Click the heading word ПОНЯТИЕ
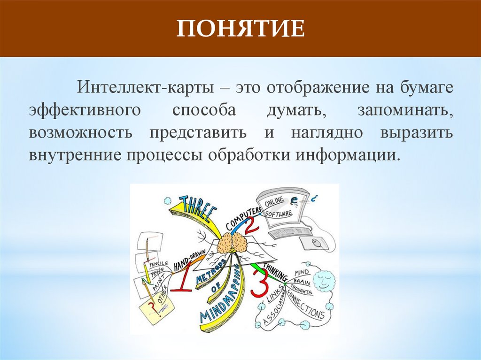click(x=240, y=30)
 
